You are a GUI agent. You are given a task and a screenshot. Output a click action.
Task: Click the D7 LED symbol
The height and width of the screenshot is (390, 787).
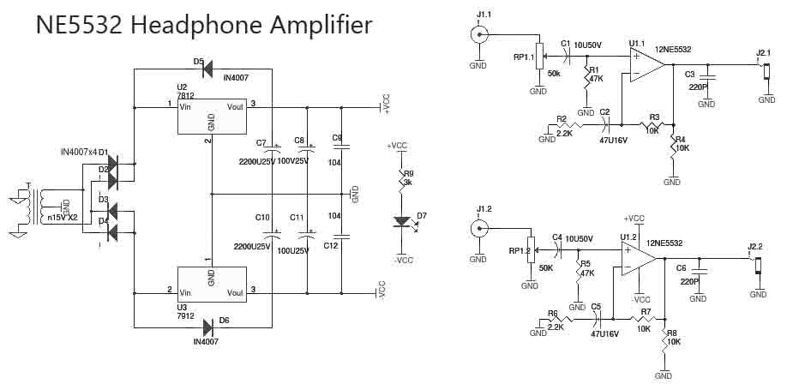(400, 222)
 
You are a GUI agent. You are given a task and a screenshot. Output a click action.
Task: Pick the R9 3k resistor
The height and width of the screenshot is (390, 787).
(400, 180)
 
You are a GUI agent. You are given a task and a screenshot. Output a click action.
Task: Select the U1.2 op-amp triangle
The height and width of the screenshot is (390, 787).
(638, 256)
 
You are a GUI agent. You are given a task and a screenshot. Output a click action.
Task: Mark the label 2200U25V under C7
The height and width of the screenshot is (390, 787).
(256, 160)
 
